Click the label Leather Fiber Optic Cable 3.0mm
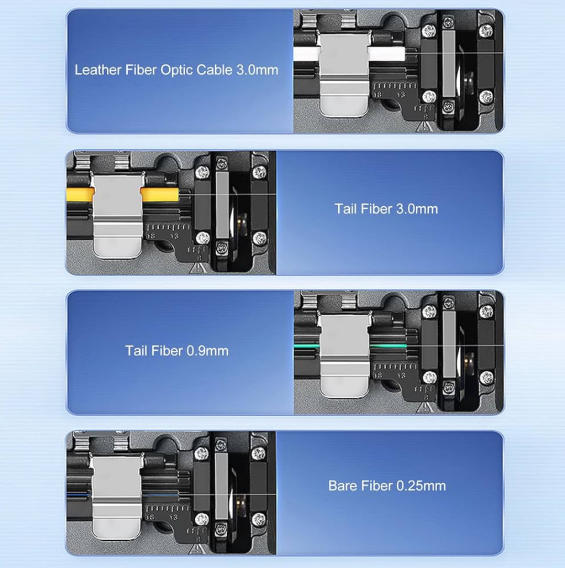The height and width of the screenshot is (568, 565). pyautogui.click(x=176, y=70)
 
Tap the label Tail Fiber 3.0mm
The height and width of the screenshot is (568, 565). pyautogui.click(x=386, y=209)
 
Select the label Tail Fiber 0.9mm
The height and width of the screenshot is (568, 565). pyautogui.click(x=176, y=351)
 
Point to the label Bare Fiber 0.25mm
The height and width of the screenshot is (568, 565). pyautogui.click(x=387, y=486)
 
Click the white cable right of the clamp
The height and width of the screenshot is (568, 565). pyautogui.click(x=387, y=54)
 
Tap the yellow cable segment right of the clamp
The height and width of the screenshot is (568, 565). pyautogui.click(x=160, y=195)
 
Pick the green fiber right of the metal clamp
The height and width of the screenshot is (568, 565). pyautogui.click(x=389, y=347)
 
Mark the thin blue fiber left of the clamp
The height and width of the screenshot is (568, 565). pyautogui.click(x=78, y=493)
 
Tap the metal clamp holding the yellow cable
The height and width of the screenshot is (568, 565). pyautogui.click(x=117, y=215)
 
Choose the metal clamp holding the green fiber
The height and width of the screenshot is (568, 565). pyautogui.click(x=345, y=354)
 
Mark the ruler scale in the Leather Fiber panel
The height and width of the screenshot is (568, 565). pyautogui.click(x=395, y=86)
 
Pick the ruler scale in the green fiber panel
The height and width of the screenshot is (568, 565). pyautogui.click(x=395, y=367)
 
